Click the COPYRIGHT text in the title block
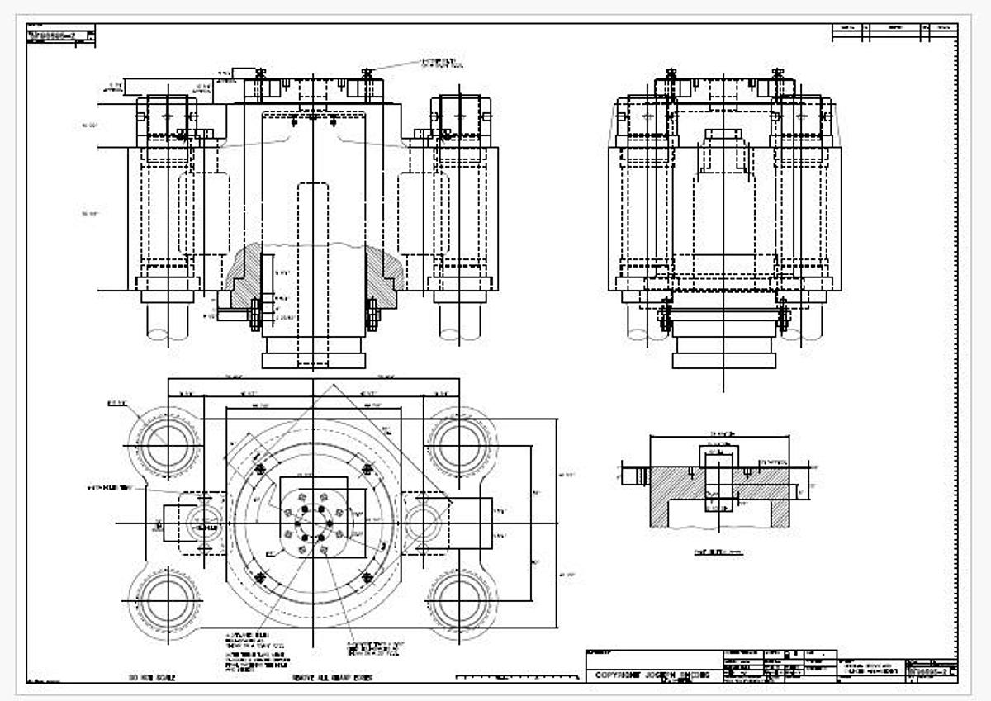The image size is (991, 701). pos(652,675)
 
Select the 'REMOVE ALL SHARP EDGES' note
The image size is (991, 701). pos(329,678)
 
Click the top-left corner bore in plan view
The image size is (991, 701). pos(168,447)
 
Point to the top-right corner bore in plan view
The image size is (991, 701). pos(458,447)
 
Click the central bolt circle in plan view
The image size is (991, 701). pos(313,523)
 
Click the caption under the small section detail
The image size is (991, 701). pos(718,552)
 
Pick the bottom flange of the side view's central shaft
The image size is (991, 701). pos(723,360)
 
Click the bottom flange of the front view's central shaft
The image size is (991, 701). pos(313,360)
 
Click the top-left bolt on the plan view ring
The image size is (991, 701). pos(262,470)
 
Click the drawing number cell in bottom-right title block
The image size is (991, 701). pos(931,673)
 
